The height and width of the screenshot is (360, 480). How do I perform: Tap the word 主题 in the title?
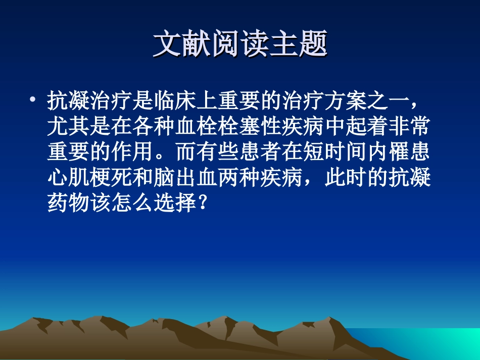(306, 44)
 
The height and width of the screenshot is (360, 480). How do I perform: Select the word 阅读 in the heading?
(240, 44)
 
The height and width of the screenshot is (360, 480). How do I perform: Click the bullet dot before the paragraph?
(33, 99)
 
